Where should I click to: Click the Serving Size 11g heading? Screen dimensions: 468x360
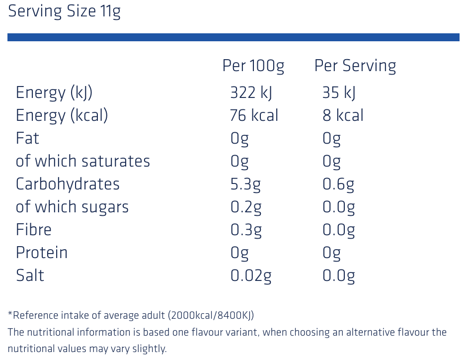[64, 11]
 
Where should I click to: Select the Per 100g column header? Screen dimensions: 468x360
[253, 66]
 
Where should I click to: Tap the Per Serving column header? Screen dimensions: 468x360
[355, 66]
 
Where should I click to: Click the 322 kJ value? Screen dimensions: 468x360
[251, 92]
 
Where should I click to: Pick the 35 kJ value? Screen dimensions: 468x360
[339, 92]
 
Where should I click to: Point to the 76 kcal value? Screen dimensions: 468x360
[254, 115]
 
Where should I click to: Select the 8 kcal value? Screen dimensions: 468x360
[343, 115]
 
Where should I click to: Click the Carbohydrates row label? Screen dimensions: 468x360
[68, 184]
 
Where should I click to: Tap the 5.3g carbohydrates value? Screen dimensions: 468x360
[245, 184]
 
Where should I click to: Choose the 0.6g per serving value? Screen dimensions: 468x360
[338, 184]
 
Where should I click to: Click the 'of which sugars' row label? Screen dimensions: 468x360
[72, 207]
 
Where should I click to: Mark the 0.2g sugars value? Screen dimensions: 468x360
[246, 207]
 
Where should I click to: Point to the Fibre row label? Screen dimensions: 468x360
[34, 229]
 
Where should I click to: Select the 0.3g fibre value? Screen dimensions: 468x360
[246, 230]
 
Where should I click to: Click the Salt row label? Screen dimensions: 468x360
[30, 275]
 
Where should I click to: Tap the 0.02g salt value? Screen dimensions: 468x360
[251, 276]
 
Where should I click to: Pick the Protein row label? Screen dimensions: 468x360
[42, 253]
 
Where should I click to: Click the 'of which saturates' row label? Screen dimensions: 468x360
[83, 161]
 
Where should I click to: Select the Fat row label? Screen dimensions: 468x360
[27, 138]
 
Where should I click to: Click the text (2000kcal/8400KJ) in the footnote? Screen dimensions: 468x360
[211, 315]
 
